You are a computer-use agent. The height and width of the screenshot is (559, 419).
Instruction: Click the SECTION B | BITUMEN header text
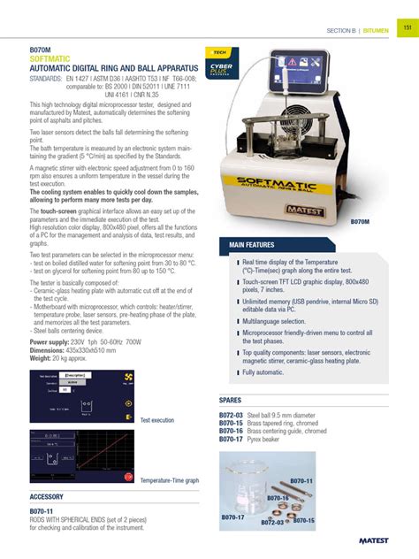[359, 29]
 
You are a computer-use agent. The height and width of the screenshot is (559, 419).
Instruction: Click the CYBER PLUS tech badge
[219, 66]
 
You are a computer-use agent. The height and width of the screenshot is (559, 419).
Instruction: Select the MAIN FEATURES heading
[252, 244]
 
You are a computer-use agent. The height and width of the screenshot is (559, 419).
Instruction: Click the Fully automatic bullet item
[263, 372]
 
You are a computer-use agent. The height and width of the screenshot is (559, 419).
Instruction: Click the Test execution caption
[157, 420]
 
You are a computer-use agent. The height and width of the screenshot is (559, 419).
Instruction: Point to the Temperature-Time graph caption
[169, 480]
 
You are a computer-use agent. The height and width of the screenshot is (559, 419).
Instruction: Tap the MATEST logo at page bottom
[381, 540]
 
